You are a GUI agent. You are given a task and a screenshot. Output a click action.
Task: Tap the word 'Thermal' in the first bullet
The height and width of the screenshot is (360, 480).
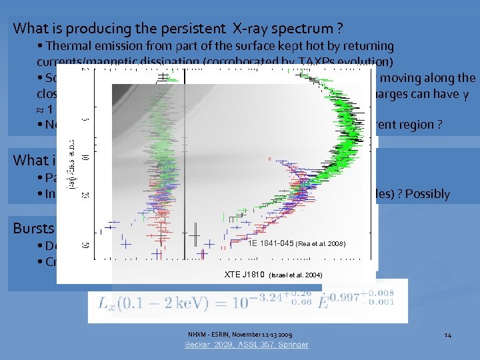click(69, 46)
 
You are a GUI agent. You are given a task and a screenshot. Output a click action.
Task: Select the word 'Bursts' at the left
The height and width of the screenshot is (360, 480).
click(31, 228)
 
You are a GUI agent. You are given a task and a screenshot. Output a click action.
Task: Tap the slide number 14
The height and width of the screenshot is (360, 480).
click(447, 334)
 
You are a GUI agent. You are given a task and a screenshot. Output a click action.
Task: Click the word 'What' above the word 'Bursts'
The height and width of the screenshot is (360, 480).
click(27, 160)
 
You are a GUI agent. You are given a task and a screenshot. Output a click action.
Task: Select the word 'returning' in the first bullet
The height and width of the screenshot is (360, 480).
click(369, 46)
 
